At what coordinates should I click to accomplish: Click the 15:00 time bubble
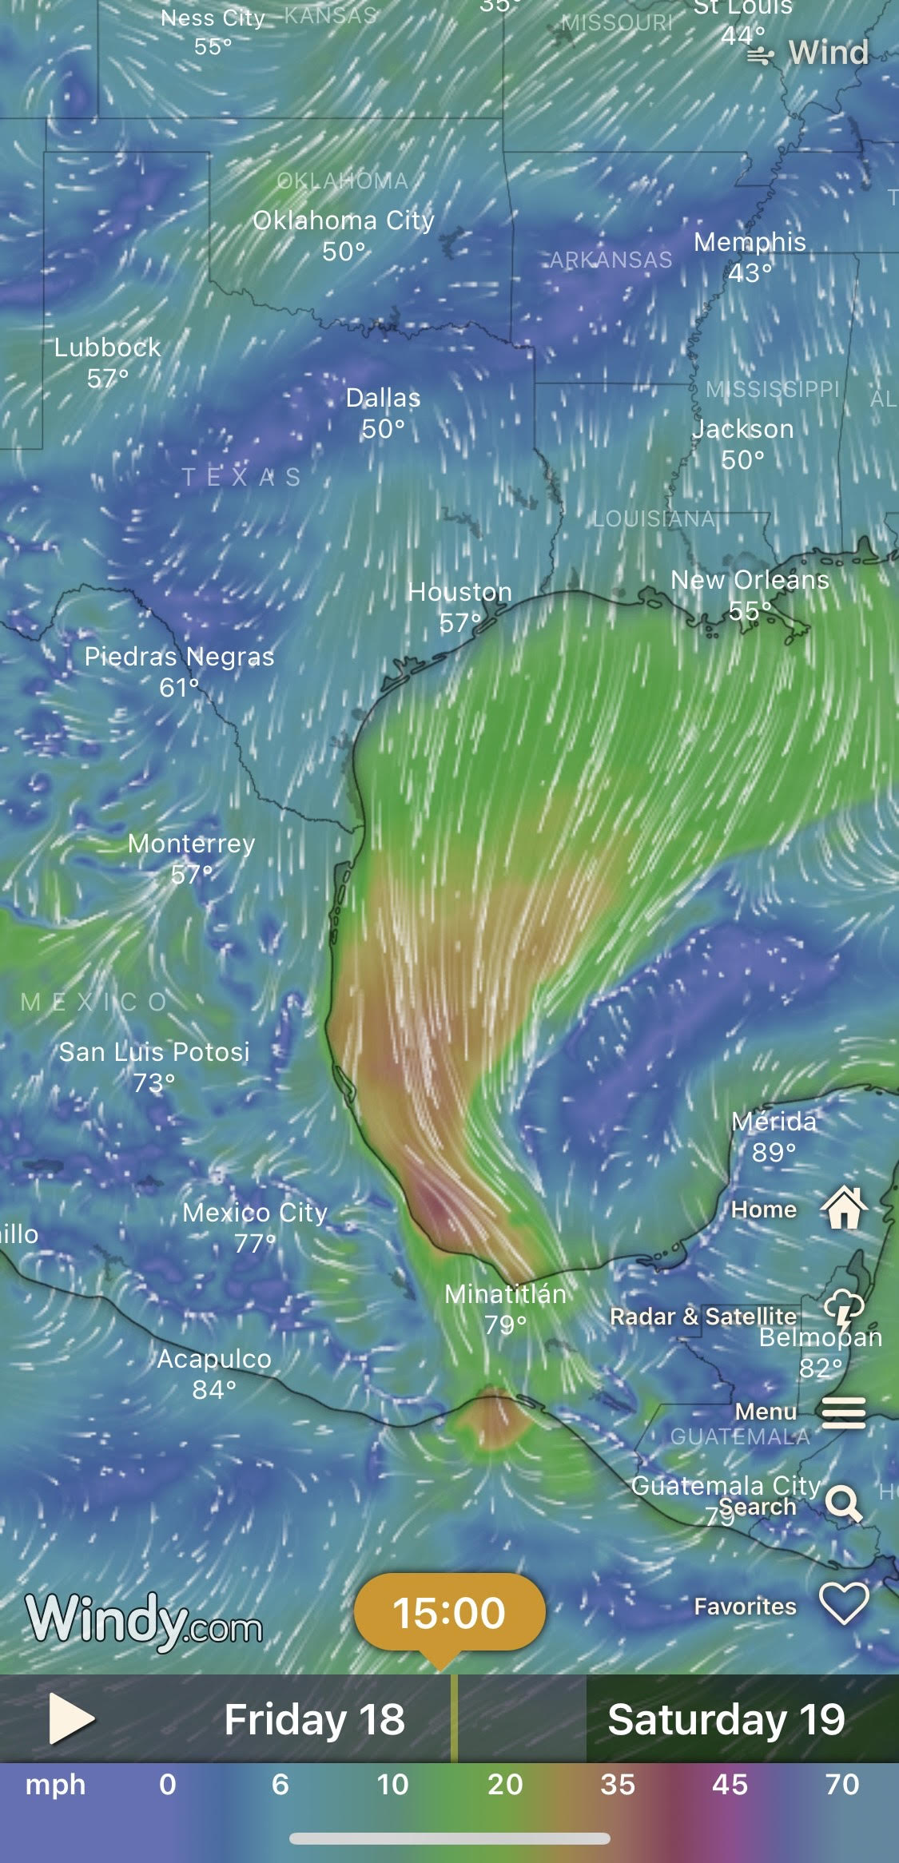click(449, 1612)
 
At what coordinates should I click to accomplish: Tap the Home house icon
click(844, 1208)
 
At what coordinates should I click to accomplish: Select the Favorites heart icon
click(844, 1604)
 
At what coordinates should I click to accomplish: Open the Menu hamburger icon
click(844, 1412)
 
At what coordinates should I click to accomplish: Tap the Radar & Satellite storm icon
click(844, 1310)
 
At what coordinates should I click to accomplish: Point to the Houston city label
click(460, 592)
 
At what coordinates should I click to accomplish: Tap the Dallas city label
click(383, 398)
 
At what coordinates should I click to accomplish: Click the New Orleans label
click(750, 580)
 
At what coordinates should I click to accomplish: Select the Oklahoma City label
click(344, 220)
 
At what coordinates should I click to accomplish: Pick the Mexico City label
click(255, 1213)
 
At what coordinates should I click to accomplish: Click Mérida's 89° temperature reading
click(774, 1152)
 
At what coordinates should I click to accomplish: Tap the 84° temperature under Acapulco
click(214, 1390)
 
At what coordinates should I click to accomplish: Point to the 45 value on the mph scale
click(730, 1784)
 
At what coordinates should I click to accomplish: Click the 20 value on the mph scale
click(505, 1784)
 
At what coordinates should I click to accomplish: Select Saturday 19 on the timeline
click(726, 1719)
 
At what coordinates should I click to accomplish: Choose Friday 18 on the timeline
click(314, 1719)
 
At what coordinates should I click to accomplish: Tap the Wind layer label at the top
click(828, 53)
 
